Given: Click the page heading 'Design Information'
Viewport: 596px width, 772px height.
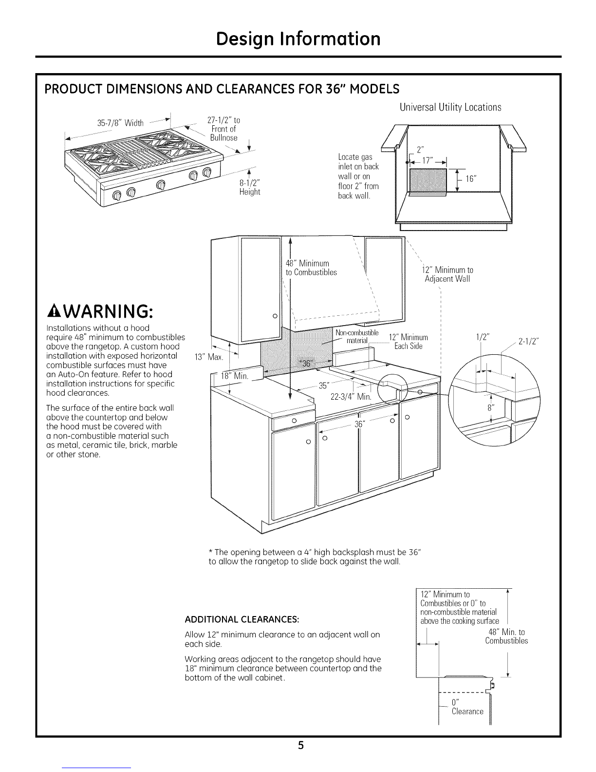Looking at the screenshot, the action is pyautogui.click(x=298, y=39).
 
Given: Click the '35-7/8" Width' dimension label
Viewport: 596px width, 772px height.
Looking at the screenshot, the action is pyautogui.click(x=120, y=123).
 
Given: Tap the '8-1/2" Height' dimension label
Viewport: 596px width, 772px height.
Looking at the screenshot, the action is pyautogui.click(x=249, y=187).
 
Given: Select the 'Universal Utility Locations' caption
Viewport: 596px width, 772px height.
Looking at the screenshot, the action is pyautogui.click(x=450, y=107).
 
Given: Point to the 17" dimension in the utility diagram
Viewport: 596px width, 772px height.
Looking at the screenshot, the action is pyautogui.click(x=427, y=160).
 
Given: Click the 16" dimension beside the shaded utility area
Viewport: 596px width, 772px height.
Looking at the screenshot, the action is pyautogui.click(x=470, y=179).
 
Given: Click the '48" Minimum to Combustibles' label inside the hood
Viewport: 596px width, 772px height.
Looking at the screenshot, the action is pyautogui.click(x=311, y=268).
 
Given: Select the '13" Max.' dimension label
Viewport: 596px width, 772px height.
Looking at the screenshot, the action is pyautogui.click(x=209, y=357).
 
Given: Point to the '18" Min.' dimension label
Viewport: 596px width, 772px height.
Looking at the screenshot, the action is pyautogui.click(x=234, y=376).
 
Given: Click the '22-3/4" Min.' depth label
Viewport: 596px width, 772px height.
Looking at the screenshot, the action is pyautogui.click(x=351, y=397).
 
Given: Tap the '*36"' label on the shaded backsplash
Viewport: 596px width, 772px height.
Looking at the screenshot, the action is pyautogui.click(x=305, y=364).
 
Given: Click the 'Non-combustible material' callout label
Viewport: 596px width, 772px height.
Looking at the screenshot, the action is pyautogui.click(x=357, y=337).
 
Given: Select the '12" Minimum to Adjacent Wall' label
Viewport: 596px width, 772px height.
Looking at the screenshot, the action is pyautogui.click(x=447, y=274).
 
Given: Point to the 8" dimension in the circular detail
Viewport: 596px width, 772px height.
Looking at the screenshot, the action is pyautogui.click(x=491, y=408).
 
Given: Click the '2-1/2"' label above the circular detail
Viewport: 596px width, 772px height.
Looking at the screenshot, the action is pyautogui.click(x=528, y=342).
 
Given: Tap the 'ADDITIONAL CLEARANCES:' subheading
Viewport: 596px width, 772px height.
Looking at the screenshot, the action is pyautogui.click(x=242, y=619).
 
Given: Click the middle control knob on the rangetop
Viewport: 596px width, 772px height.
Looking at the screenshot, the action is pyautogui.click(x=161, y=185).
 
